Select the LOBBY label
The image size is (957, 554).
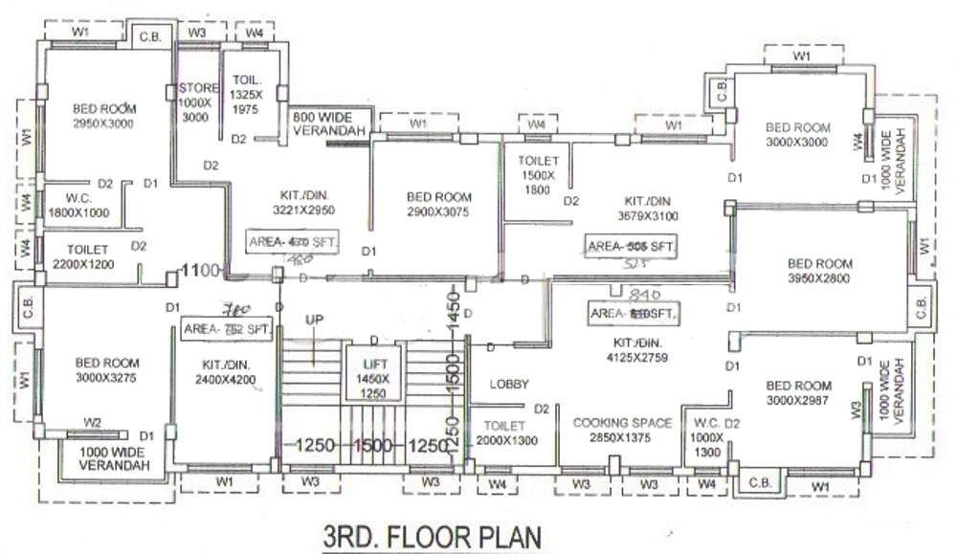[509, 385]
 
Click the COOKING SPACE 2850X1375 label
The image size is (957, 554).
[622, 430]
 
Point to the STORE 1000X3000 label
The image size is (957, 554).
[198, 102]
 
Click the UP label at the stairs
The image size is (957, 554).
[313, 319]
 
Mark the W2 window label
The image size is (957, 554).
[92, 422]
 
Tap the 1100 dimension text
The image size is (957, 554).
[203, 271]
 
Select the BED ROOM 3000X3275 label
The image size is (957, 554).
[106, 370]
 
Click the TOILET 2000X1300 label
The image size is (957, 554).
[504, 432]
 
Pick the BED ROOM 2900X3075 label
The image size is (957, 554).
[438, 204]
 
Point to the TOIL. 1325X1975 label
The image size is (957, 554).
[245, 96]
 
